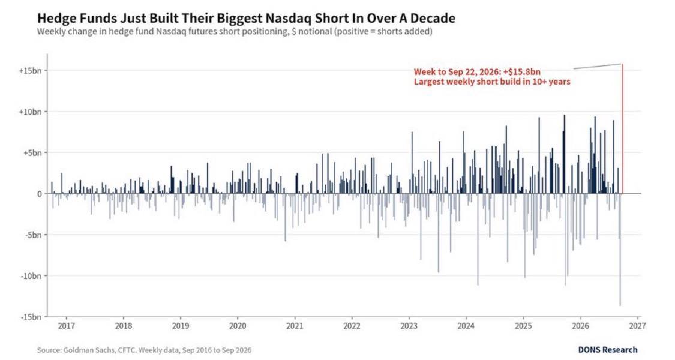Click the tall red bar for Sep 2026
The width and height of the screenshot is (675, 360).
622,128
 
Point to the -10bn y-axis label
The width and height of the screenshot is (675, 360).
31,275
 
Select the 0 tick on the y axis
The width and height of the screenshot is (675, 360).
40,194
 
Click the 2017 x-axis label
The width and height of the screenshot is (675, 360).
66,326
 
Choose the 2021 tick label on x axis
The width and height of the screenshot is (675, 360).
295,326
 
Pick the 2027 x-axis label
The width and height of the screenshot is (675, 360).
638,326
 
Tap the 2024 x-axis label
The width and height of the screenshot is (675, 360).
466,326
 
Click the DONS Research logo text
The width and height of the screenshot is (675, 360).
608,350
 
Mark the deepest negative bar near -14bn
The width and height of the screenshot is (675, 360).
620,250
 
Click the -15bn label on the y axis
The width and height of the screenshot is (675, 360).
31,317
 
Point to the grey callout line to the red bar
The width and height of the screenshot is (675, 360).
598,67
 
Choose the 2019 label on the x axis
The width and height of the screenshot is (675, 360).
181,326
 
